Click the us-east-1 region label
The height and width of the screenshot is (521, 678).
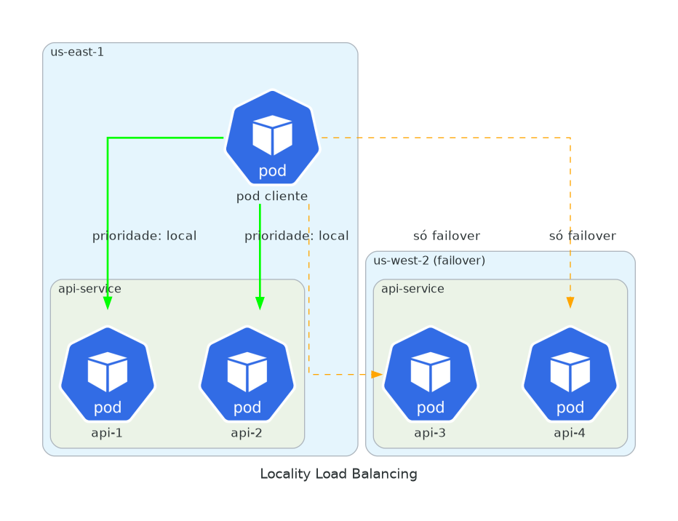point(77,52)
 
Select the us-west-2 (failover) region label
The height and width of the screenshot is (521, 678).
point(429,260)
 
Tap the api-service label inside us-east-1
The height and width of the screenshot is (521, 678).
point(89,289)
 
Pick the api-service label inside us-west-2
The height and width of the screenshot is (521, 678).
point(412,289)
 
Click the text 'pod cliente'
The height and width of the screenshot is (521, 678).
point(272,196)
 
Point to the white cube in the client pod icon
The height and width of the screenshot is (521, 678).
point(272,135)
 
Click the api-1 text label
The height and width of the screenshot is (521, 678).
point(107,433)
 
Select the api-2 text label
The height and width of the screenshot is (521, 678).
point(247,433)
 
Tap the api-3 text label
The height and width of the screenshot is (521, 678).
point(430,433)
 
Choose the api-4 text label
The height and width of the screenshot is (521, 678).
point(570,433)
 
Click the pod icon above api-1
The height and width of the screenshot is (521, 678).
point(108,375)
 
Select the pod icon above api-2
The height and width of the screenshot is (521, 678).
point(247,375)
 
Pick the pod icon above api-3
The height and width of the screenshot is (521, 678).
point(431,375)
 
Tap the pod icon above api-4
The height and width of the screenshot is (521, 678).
point(570,375)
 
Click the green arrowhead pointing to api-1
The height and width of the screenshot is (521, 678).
point(108,303)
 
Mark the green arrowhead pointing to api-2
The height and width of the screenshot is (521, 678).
point(260,303)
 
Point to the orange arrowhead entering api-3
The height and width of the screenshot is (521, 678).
point(377,374)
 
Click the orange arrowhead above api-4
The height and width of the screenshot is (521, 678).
point(570,302)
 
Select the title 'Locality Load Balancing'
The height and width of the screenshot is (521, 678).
point(338,474)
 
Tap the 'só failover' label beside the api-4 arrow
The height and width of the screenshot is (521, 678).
point(582,236)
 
